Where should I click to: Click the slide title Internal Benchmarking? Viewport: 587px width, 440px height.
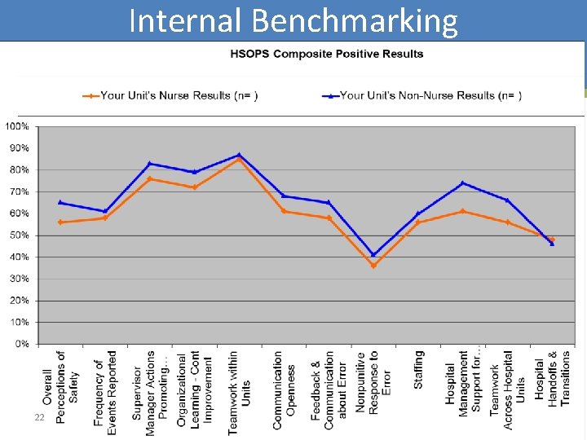293,21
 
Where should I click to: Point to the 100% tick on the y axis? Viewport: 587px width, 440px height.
17,127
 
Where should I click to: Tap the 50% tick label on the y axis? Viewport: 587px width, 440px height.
19,235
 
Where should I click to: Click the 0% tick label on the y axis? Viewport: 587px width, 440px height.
21,344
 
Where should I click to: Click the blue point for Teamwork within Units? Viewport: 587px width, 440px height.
239,155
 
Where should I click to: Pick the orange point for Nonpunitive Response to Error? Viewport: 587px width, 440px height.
373,266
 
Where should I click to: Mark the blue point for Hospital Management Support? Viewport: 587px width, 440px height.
462,183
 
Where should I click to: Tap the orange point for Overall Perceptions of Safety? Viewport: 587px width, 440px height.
60,222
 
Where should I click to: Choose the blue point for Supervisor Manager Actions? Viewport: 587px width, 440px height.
150,164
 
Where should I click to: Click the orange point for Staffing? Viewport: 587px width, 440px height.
417,222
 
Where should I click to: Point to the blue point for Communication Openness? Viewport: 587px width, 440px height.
284,196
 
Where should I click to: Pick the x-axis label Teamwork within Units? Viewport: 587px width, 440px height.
240,392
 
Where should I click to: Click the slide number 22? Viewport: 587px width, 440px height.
38,417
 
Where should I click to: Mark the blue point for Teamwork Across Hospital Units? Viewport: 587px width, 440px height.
507,200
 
